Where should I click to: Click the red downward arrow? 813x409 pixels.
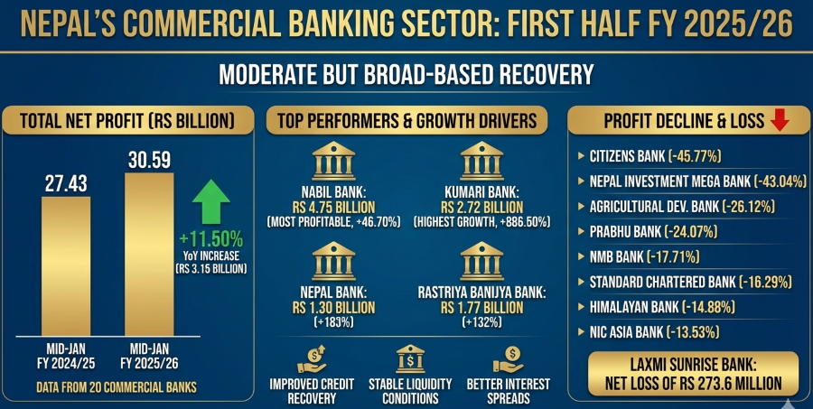779,120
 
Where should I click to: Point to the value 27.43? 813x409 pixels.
67,184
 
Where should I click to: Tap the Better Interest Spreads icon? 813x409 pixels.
510,360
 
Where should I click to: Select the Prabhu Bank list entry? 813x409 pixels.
647,232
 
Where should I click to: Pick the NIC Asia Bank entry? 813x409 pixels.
649,332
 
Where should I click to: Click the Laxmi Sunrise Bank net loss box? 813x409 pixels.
693,373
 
